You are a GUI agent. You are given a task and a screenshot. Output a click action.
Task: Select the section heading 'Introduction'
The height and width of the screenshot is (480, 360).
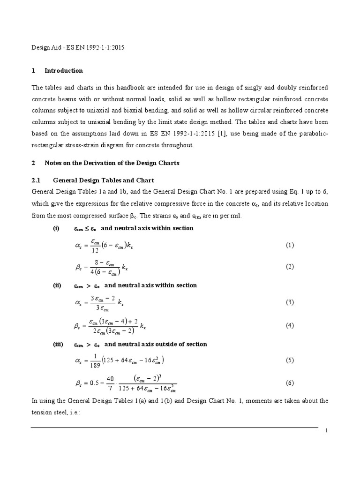pyautogui.click(x=64, y=71)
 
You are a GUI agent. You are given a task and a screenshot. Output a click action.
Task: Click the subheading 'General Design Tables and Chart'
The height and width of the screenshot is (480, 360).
pyautogui.click(x=104, y=180)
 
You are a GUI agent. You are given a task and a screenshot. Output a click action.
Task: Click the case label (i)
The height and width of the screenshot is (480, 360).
pyautogui.click(x=56, y=228)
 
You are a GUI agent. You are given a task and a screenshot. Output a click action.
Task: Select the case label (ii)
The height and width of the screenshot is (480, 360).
pyautogui.click(x=57, y=285)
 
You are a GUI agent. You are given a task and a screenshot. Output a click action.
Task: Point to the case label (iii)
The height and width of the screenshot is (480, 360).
pyautogui.click(x=58, y=344)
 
